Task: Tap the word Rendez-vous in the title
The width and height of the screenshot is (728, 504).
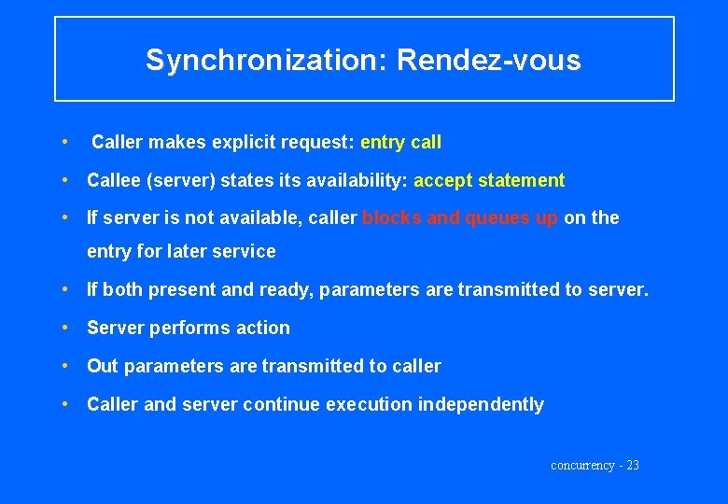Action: coord(488,61)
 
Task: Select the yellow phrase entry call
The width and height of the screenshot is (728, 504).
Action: coord(400,143)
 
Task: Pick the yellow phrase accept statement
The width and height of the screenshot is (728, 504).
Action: coord(489,180)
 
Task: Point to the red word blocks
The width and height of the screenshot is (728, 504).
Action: coord(390,217)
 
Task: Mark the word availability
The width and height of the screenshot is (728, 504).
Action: coord(358,180)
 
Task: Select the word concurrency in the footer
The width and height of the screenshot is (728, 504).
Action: coord(582,465)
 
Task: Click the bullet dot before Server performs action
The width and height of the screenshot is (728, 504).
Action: coord(64,328)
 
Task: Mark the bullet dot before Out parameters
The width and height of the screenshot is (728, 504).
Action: coord(64,366)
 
